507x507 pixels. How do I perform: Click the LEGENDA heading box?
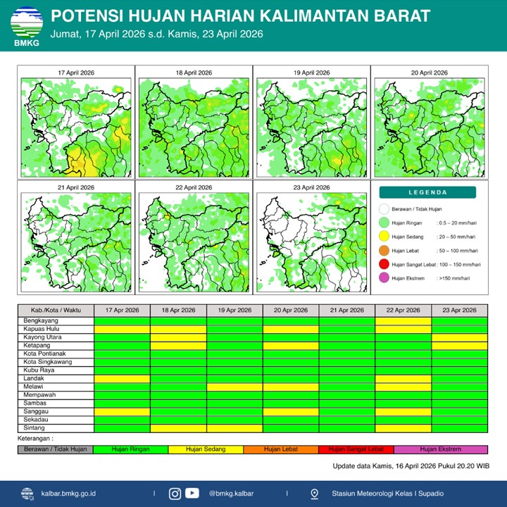pyautogui.click(x=427, y=192)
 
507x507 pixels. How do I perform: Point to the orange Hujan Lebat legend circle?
pyautogui.click(x=384, y=251)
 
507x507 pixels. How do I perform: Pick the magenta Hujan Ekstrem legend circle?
pyautogui.click(x=384, y=278)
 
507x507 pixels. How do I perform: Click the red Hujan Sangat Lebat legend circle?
pyautogui.click(x=384, y=264)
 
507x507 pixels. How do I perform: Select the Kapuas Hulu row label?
pyautogui.click(x=56, y=329)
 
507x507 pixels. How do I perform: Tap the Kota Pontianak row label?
pyautogui.click(x=56, y=353)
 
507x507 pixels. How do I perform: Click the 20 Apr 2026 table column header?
pyautogui.click(x=290, y=311)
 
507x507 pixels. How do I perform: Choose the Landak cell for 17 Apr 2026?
pyautogui.click(x=122, y=378)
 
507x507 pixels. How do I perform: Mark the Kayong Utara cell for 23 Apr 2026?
pyautogui.click(x=459, y=337)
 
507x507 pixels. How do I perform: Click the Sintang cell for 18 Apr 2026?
pyautogui.click(x=178, y=427)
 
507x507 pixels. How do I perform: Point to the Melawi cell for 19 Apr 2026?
pyautogui.click(x=234, y=387)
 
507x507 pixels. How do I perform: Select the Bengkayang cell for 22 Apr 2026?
pyautogui.click(x=403, y=320)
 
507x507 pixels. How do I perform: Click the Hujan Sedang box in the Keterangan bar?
pyautogui.click(x=205, y=449)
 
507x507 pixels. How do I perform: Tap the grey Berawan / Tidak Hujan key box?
pyautogui.click(x=56, y=449)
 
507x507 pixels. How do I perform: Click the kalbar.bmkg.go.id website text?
pyautogui.click(x=69, y=494)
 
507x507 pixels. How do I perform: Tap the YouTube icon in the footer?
pyautogui.click(x=192, y=494)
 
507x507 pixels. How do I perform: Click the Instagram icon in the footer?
pyautogui.click(x=175, y=494)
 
